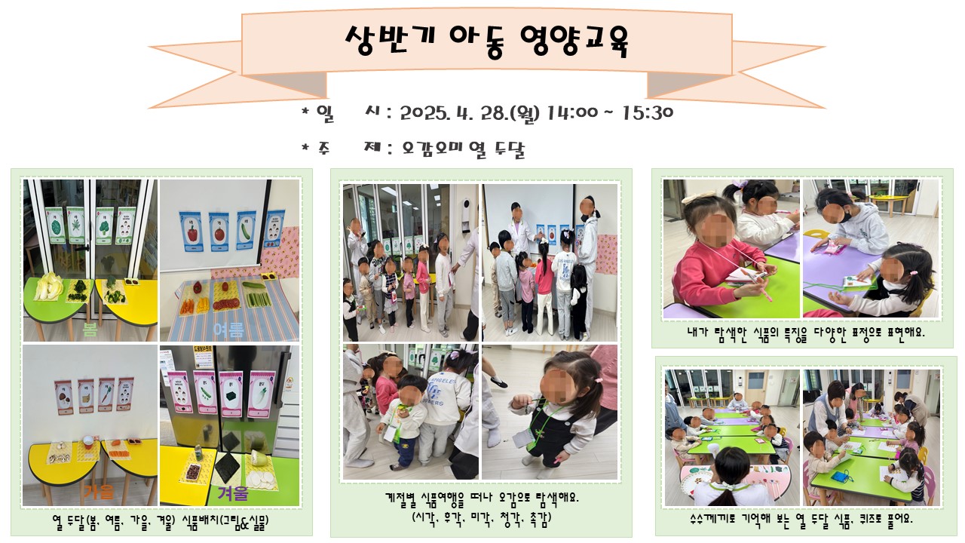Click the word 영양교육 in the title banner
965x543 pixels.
(x=574, y=41)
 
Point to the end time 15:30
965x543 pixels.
(x=648, y=113)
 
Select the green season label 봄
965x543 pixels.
(x=90, y=330)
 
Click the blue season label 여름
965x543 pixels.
(x=228, y=330)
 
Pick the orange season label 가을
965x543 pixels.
(x=98, y=492)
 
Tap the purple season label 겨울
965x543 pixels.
(x=233, y=493)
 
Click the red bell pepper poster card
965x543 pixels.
(x=191, y=232)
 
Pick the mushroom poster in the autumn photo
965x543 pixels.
(x=63, y=397)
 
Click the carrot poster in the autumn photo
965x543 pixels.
(x=106, y=395)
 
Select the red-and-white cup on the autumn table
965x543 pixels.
(x=88, y=442)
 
